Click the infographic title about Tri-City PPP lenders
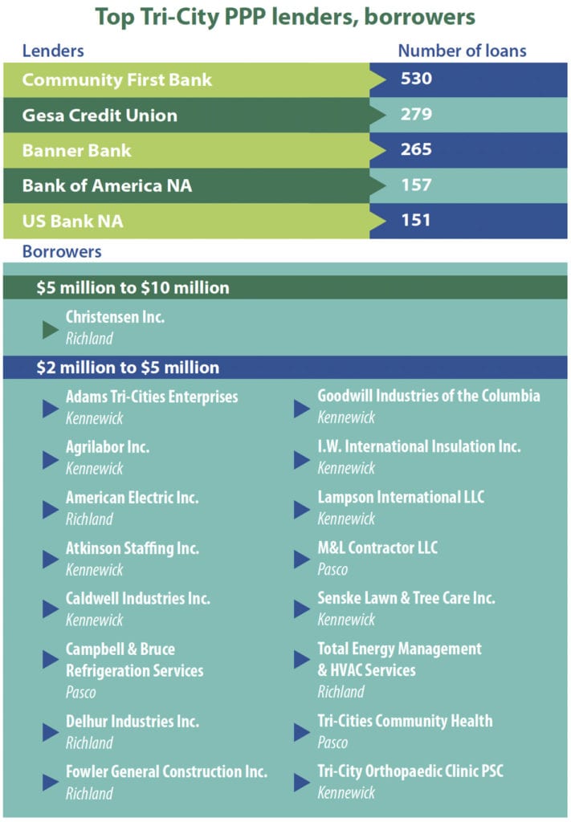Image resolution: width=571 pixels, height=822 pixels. pyautogui.click(x=285, y=16)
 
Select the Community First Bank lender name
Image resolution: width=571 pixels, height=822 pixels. pyautogui.click(x=116, y=80)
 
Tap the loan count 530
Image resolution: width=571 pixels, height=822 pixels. pyautogui.click(x=416, y=79)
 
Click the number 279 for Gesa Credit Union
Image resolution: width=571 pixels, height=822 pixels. pyautogui.click(x=416, y=115)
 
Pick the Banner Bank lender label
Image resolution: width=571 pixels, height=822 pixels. pyautogui.click(x=76, y=150)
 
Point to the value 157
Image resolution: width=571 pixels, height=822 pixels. pyautogui.click(x=416, y=185)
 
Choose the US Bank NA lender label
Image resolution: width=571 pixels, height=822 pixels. pyautogui.click(x=73, y=221)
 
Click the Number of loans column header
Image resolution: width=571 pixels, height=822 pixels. pyautogui.click(x=462, y=51)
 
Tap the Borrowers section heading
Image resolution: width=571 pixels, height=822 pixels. pyautogui.click(x=62, y=251)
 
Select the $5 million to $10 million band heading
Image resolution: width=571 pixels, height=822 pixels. pyautogui.click(x=133, y=287)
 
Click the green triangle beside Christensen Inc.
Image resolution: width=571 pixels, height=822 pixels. pyautogui.click(x=51, y=329)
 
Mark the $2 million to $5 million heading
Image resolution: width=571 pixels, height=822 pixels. pyautogui.click(x=128, y=368)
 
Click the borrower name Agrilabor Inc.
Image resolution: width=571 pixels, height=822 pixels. pyautogui.click(x=108, y=447)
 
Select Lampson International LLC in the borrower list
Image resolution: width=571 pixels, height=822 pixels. pyautogui.click(x=401, y=498)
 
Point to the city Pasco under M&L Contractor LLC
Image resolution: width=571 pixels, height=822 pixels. pyautogui.click(x=332, y=569)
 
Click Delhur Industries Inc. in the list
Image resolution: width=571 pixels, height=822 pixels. pyautogui.click(x=133, y=721)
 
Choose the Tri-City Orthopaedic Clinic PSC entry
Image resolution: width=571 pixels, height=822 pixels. pyautogui.click(x=411, y=771)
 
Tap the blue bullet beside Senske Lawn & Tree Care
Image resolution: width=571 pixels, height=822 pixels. pyautogui.click(x=302, y=609)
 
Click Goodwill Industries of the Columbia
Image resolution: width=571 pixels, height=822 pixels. pyautogui.click(x=428, y=396)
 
